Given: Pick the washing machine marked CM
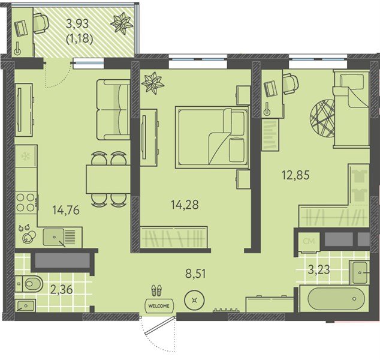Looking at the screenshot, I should point(309,241).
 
